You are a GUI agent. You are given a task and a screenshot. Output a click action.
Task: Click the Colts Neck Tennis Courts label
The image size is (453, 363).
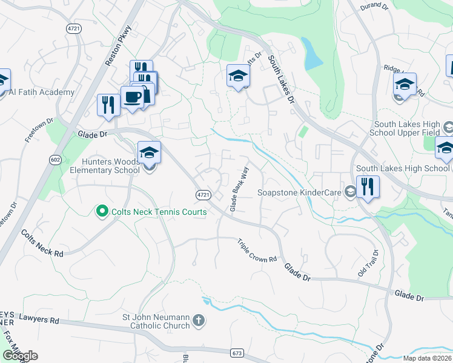pos(158,212)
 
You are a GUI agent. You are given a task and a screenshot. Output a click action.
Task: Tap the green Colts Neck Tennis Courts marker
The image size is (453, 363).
pos(102,211)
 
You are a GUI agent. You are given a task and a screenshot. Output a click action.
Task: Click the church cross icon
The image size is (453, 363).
pos(200,321)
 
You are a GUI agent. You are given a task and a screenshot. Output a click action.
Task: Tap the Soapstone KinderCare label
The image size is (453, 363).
pos(300,193)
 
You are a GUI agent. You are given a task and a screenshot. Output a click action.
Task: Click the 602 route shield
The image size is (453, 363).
pos(56,159)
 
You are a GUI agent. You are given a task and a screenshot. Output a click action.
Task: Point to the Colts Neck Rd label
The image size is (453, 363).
pos(42,243)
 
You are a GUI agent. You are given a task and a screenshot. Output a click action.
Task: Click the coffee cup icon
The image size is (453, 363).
pos(132,97)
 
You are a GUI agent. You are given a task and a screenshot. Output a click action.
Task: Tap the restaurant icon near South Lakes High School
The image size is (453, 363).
pos(368,186)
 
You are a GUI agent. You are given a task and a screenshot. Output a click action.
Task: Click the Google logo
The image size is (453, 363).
pos(20,356)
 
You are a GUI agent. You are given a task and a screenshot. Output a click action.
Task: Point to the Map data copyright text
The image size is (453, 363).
pos(427,358)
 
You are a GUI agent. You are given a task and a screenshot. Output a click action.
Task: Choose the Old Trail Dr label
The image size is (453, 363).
pos(367,264)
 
